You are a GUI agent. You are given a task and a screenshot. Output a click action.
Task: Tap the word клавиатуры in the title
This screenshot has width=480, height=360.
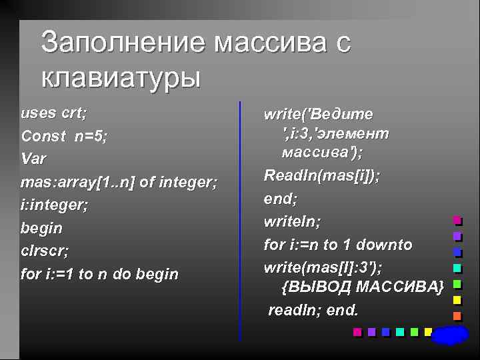[x=121, y=78]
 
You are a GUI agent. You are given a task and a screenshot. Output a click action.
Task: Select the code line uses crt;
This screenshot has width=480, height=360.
[x=54, y=113]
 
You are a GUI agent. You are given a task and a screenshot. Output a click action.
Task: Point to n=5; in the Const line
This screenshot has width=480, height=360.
[x=91, y=136]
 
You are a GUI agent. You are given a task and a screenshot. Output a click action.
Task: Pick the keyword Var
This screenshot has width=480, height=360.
[x=34, y=159]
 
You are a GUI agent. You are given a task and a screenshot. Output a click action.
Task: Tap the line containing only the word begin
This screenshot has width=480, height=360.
[x=42, y=228]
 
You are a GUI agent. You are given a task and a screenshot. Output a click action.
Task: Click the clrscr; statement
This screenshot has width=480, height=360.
[x=45, y=251]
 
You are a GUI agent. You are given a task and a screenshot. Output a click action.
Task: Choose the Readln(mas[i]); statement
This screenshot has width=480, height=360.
[x=322, y=175]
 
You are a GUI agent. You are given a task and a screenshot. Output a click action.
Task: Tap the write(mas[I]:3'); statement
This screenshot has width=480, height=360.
[x=323, y=267]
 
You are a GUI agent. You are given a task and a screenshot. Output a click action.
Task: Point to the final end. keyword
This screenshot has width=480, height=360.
[x=343, y=311]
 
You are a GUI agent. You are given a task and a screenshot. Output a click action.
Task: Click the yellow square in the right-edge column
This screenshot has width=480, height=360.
[x=457, y=301]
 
